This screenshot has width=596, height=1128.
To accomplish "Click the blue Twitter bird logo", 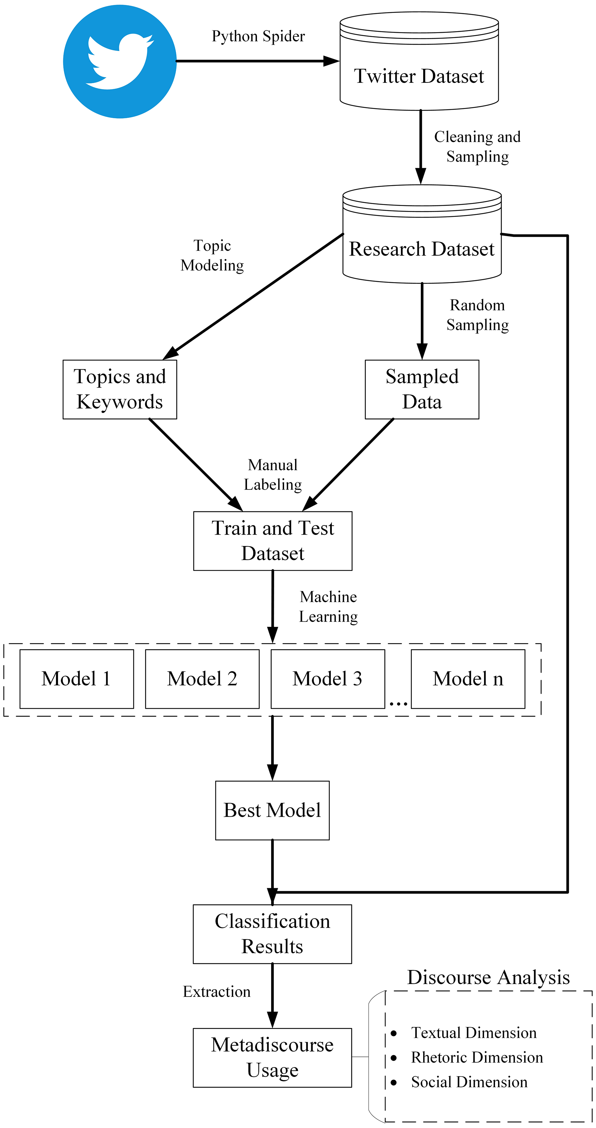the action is [120, 61].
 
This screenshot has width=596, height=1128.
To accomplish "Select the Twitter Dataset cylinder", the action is [419, 61].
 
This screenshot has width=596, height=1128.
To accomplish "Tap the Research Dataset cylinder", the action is [422, 233].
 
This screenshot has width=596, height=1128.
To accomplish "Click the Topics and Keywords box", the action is [120, 389].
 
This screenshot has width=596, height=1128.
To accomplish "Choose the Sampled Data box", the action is [422, 389].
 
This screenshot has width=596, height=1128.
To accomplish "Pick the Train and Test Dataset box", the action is [273, 541].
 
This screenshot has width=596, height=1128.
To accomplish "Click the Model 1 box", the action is [76, 679].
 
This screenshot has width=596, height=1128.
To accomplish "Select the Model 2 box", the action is [202, 679].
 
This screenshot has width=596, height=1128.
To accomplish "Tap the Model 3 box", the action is [327, 679].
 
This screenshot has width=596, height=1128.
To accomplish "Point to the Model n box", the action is [468, 679].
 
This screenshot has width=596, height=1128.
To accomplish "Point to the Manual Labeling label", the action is [273, 475].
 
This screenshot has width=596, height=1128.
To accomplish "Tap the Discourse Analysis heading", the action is [488, 977].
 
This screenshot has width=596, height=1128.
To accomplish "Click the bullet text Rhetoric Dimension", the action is [477, 1057].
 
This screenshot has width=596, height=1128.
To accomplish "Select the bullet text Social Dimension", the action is [469, 1082].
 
